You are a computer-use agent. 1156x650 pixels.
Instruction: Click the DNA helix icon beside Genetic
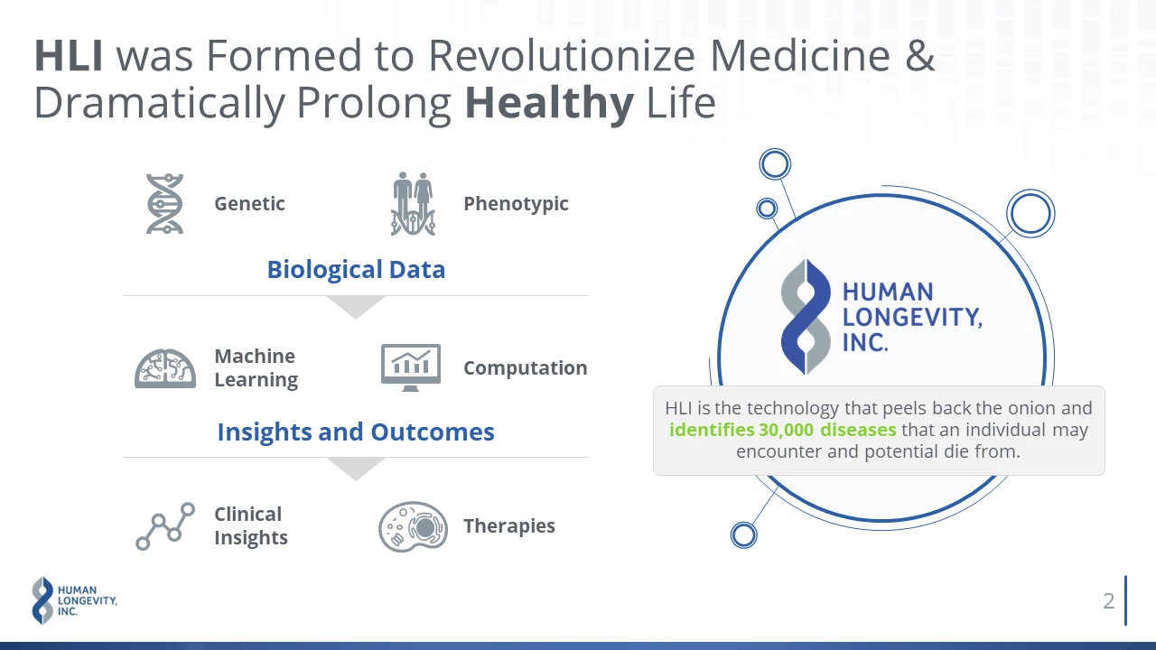click(164, 204)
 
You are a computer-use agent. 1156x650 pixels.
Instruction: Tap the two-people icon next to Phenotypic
click(413, 204)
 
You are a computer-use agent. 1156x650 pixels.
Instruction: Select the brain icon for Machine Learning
click(165, 368)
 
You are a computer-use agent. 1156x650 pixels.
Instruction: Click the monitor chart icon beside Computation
click(411, 367)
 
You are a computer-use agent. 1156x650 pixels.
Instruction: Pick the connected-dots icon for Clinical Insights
click(165, 526)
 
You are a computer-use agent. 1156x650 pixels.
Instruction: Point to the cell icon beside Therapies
click(413, 526)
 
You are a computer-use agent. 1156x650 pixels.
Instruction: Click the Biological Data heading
click(356, 270)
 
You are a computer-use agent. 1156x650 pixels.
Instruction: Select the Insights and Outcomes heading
click(356, 432)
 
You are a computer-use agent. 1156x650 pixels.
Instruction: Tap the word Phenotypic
click(516, 204)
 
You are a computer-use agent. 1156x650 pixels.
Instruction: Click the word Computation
click(526, 368)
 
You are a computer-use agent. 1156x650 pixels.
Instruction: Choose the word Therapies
click(509, 526)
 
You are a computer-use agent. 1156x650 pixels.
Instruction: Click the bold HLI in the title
click(69, 55)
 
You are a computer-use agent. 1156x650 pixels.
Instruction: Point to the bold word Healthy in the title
click(549, 103)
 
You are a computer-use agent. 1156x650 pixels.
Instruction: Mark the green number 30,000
click(786, 430)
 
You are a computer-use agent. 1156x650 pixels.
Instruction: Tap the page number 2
click(1109, 601)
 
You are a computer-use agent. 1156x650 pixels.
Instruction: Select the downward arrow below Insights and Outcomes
click(356, 469)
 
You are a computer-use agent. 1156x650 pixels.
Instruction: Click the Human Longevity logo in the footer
click(74, 600)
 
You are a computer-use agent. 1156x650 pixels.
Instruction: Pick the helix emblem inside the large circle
click(806, 317)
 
